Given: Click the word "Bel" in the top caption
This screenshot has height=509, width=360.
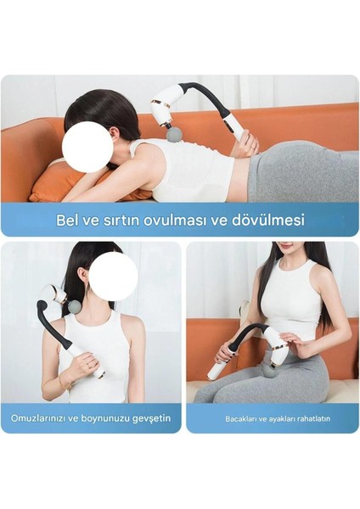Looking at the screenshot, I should (67, 221).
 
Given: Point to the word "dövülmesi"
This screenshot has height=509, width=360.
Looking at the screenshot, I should (268, 221).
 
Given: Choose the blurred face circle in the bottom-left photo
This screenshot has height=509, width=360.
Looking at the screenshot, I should (113, 276).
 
